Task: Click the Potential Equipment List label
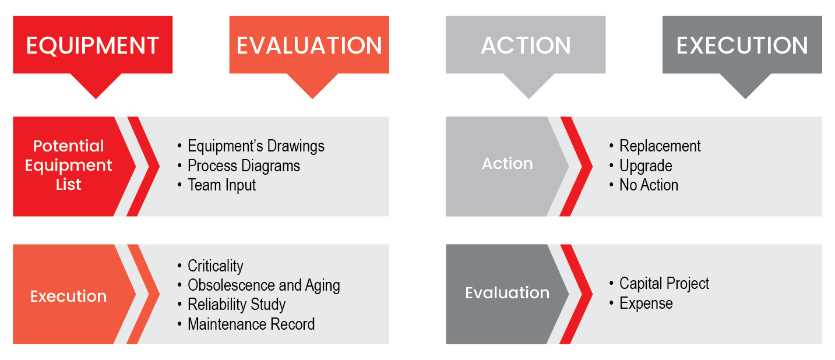coord(68,165)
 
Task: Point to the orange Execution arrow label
coord(68,297)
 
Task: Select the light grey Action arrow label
coord(508,164)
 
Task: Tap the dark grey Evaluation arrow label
coord(508,293)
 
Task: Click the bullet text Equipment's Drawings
coord(256,146)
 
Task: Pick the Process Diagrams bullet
coord(244,166)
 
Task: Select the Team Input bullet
coord(222,185)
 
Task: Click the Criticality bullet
coord(216,266)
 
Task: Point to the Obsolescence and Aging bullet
coord(264,285)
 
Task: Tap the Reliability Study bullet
coord(237,305)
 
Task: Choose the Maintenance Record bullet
coord(251,324)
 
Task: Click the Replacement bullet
coord(660,146)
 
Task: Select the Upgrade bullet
coord(646,166)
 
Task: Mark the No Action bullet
coord(649,185)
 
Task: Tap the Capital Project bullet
coord(664,284)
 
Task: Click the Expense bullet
coord(646,303)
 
